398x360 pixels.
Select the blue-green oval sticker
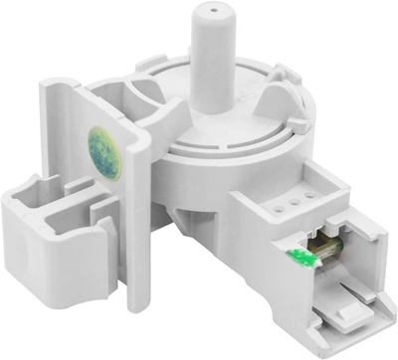click(103, 149)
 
